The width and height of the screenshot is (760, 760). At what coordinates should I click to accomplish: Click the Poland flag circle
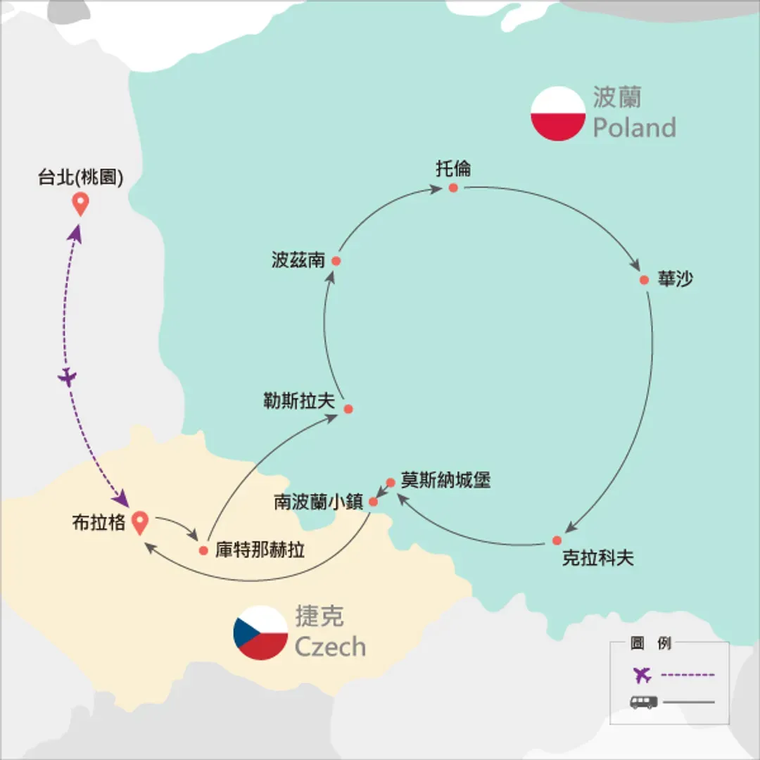pyautogui.click(x=558, y=113)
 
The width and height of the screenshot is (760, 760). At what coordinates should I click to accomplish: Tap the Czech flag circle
pyautogui.click(x=261, y=633)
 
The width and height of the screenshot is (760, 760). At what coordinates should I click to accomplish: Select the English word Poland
pyautogui.click(x=635, y=127)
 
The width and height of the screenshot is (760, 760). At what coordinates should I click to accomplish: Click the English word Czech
pyautogui.click(x=330, y=646)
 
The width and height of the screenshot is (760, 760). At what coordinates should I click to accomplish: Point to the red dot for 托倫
pyautogui.click(x=453, y=188)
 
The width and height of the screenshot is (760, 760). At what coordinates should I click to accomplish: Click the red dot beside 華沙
pyautogui.click(x=644, y=279)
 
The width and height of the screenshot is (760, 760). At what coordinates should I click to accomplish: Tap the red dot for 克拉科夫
pyautogui.click(x=557, y=540)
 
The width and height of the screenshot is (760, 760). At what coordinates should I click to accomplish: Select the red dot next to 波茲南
pyautogui.click(x=336, y=261)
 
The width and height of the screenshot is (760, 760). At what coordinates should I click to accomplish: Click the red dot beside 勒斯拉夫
pyautogui.click(x=348, y=409)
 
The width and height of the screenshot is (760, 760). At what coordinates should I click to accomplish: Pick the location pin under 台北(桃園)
pyautogui.click(x=80, y=203)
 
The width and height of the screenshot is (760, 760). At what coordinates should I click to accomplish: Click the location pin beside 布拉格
pyautogui.click(x=140, y=522)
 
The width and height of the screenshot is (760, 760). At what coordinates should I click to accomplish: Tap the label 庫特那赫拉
pyautogui.click(x=260, y=550)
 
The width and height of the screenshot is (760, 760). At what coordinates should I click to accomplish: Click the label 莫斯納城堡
pyautogui.click(x=446, y=480)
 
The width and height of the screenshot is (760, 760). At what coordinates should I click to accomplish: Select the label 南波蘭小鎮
pyautogui.click(x=319, y=502)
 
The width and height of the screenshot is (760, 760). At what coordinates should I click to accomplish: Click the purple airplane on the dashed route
pyautogui.click(x=68, y=376)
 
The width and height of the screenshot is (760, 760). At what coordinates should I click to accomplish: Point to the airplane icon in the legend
pyautogui.click(x=642, y=675)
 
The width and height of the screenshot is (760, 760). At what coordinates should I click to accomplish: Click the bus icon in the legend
pyautogui.click(x=644, y=702)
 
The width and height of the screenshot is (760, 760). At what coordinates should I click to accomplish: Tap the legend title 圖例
pyautogui.click(x=651, y=643)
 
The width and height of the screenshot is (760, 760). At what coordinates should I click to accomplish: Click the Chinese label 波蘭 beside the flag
pyautogui.click(x=617, y=97)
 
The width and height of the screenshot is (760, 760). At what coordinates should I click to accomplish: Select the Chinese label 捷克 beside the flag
pyautogui.click(x=320, y=616)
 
